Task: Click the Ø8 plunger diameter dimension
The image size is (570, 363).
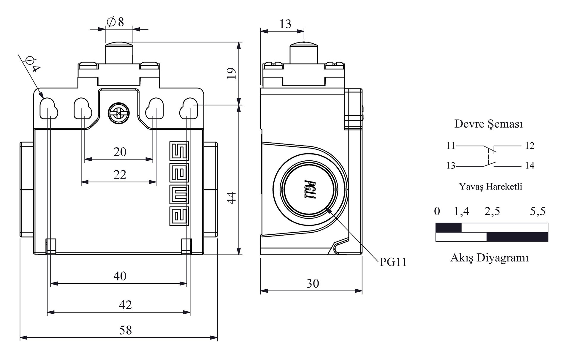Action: [x=115, y=22]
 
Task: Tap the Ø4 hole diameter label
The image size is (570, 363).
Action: [x=32, y=65]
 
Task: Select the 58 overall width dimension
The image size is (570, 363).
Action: [x=125, y=330]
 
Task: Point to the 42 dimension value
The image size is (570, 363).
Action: [x=125, y=305]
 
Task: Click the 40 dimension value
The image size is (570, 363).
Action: [x=120, y=276]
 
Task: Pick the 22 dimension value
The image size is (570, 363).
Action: [x=120, y=175]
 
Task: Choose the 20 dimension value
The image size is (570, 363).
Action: [x=120, y=152]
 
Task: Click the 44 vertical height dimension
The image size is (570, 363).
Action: [x=232, y=198]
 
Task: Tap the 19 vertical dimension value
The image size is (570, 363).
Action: [x=232, y=73]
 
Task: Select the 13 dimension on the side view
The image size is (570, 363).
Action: [x=285, y=24]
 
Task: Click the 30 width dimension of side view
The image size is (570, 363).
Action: [x=313, y=284]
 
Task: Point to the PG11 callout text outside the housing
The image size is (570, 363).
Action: [x=393, y=262]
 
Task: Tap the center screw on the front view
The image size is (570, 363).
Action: [x=119, y=113]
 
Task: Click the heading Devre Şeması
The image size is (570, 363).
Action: [x=488, y=124]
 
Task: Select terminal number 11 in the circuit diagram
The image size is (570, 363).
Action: [x=451, y=146]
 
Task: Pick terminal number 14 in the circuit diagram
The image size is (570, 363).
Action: [x=530, y=165]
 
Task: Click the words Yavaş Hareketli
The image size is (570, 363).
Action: [x=490, y=187]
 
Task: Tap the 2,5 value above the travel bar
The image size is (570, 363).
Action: [x=492, y=211]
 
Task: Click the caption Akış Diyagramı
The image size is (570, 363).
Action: [x=490, y=258]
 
